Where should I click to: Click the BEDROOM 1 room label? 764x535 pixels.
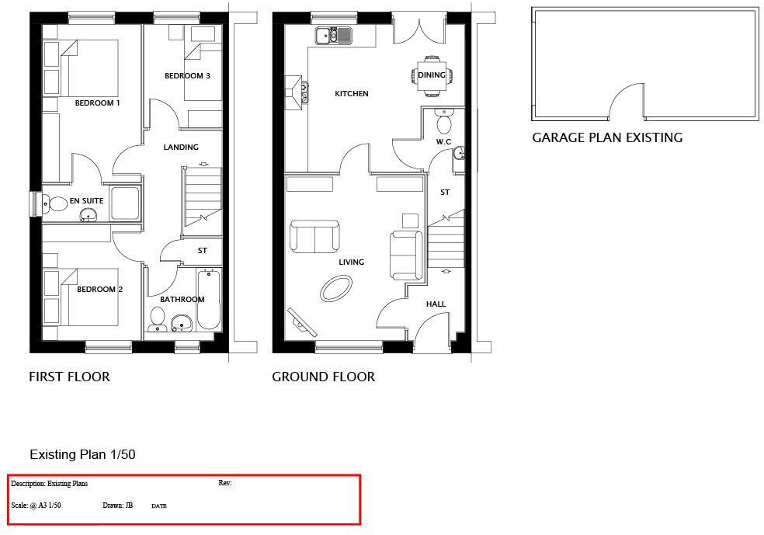(x=97, y=102)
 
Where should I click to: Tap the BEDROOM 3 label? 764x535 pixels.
(x=187, y=76)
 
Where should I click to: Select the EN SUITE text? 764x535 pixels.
(x=86, y=201)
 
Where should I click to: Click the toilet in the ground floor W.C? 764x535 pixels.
(x=444, y=123)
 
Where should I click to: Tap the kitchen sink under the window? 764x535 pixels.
(x=333, y=35)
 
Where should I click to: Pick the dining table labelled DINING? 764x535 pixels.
(x=431, y=75)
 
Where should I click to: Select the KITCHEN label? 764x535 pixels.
(x=351, y=94)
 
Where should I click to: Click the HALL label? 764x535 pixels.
(x=436, y=304)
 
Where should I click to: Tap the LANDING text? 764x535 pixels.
(x=181, y=147)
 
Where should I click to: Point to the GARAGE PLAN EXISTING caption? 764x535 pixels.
(x=607, y=138)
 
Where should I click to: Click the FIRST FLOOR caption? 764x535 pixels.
(x=69, y=377)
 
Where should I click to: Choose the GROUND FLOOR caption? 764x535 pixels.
(x=323, y=377)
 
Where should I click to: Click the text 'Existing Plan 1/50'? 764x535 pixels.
(x=82, y=454)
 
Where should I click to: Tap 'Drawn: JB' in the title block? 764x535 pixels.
(x=117, y=505)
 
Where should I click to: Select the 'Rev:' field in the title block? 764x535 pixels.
(x=225, y=483)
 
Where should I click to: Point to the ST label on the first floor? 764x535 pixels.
(x=202, y=251)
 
